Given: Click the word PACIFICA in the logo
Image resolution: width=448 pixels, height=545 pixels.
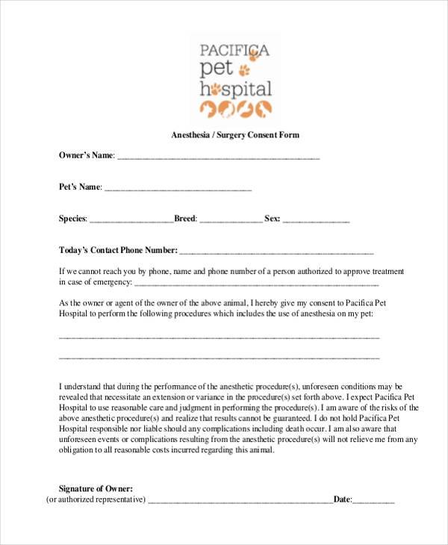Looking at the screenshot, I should [x=234, y=52].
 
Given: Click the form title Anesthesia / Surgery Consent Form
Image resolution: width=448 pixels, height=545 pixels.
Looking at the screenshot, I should [x=235, y=135].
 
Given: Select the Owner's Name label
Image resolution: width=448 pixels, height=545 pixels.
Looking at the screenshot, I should [x=87, y=155].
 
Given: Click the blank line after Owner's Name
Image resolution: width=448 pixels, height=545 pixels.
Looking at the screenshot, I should [x=218, y=157].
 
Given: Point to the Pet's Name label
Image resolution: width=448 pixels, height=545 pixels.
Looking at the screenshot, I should [x=80, y=187].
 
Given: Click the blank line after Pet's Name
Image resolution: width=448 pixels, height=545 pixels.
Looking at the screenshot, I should [x=178, y=188].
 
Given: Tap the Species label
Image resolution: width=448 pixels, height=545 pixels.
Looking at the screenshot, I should [x=73, y=219].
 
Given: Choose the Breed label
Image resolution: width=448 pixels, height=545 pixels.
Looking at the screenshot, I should [x=185, y=219].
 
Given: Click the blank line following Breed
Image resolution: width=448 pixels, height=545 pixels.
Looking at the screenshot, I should [x=231, y=220].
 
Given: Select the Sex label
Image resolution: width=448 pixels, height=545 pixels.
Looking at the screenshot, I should [x=272, y=219].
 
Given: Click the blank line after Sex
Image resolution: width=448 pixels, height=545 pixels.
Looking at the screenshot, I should [x=316, y=220].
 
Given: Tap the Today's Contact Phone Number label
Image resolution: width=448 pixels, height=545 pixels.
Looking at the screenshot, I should [x=118, y=250].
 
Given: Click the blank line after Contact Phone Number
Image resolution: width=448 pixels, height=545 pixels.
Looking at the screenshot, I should [x=276, y=252].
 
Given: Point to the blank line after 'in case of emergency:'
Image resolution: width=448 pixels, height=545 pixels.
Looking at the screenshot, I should [x=256, y=284].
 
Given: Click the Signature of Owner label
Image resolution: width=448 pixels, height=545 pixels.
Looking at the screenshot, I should [x=96, y=488].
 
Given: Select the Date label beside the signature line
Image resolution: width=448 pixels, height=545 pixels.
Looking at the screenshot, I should [x=342, y=499].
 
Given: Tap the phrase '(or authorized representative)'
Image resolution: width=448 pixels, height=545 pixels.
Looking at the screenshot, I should [x=96, y=499].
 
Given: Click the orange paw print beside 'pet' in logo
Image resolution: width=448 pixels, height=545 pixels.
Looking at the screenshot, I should [x=244, y=70].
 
